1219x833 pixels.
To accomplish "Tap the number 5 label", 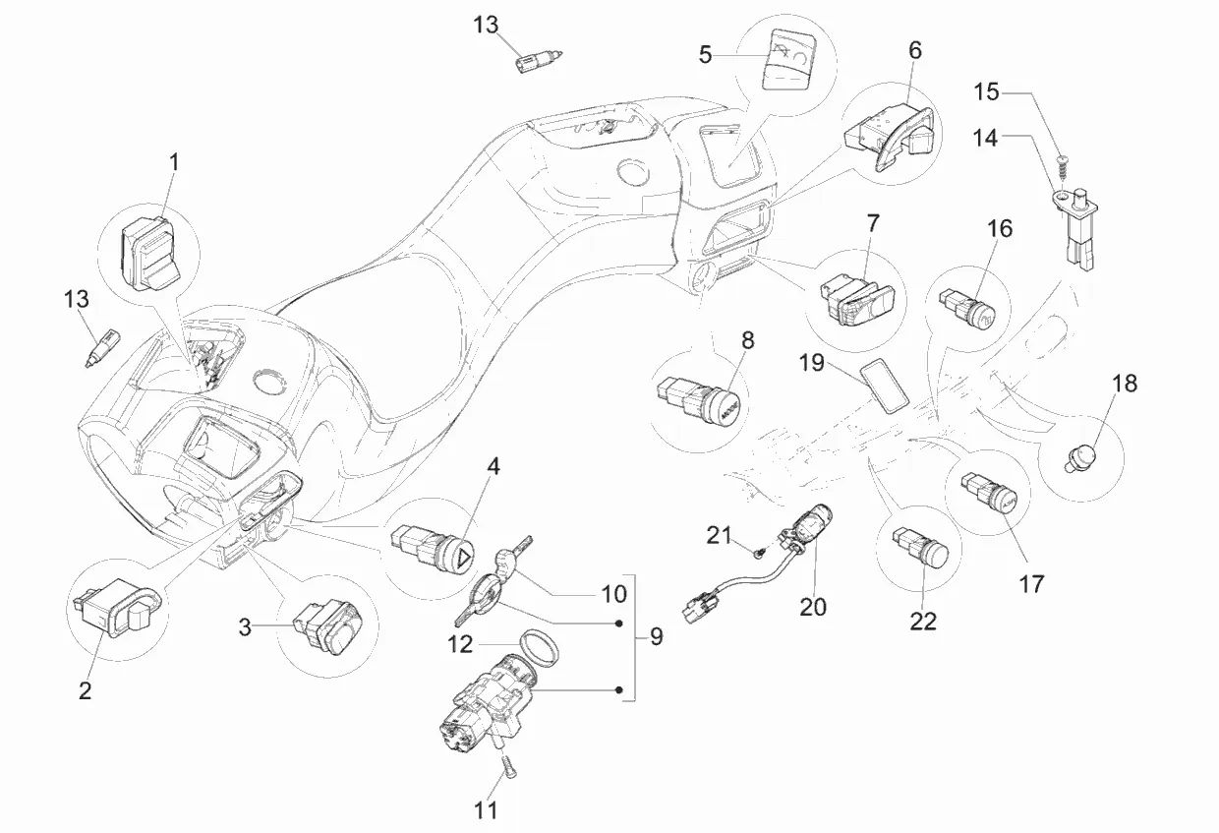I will pyautogui.click(x=706, y=54).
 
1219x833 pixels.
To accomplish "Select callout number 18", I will pyautogui.click(x=1124, y=384).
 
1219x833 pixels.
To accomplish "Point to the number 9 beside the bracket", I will pyautogui.click(x=656, y=636).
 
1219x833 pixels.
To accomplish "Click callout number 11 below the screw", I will pyautogui.click(x=487, y=810).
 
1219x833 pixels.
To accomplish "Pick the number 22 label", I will pyautogui.click(x=924, y=621).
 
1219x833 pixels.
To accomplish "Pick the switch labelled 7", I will pyautogui.click(x=855, y=295).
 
